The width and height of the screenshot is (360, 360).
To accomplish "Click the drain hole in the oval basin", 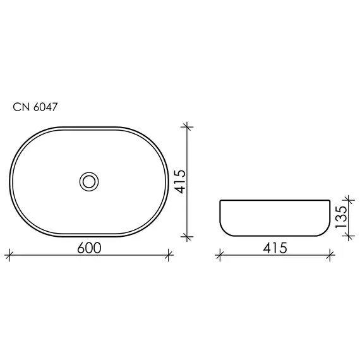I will [x=89, y=181].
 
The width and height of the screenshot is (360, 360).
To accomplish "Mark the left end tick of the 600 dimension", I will [x=9, y=256].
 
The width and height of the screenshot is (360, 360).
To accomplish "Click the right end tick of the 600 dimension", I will [x=169, y=256].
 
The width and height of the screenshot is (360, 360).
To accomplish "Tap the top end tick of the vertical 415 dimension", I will [x=187, y=127].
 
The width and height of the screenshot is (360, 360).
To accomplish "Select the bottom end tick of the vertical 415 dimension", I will [x=187, y=236].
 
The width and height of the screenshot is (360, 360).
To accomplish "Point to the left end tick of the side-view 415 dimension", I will [x=220, y=256].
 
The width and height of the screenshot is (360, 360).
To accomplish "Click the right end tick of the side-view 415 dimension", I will [x=331, y=256].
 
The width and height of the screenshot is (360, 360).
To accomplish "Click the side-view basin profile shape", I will [x=275, y=219].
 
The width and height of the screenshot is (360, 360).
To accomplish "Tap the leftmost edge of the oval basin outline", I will [x=10, y=181].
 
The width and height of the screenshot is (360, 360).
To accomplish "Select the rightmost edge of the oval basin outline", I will [x=168, y=181].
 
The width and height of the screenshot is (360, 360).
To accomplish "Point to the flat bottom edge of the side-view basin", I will [x=275, y=236].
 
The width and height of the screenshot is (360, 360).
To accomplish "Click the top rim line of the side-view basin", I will [x=275, y=201].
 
